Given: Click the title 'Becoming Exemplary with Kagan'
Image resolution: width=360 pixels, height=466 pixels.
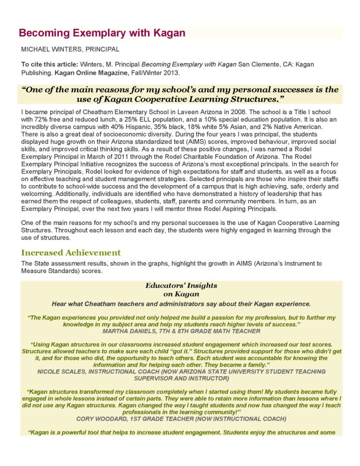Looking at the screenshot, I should [102, 33].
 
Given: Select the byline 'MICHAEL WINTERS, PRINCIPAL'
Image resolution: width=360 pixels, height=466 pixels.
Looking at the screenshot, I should [70, 49].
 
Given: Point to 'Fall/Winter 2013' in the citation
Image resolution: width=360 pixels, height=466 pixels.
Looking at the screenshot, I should [148, 73].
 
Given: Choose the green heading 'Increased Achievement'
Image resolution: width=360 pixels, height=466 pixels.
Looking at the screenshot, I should [71, 253].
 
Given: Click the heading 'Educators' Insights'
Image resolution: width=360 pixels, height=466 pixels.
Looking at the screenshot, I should [181, 286].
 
